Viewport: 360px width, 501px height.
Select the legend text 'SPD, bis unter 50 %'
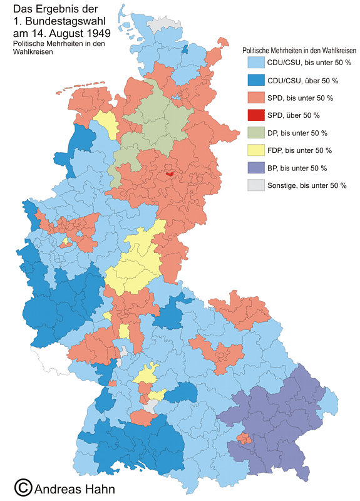[300, 98]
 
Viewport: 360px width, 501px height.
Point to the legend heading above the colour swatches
[299, 49]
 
